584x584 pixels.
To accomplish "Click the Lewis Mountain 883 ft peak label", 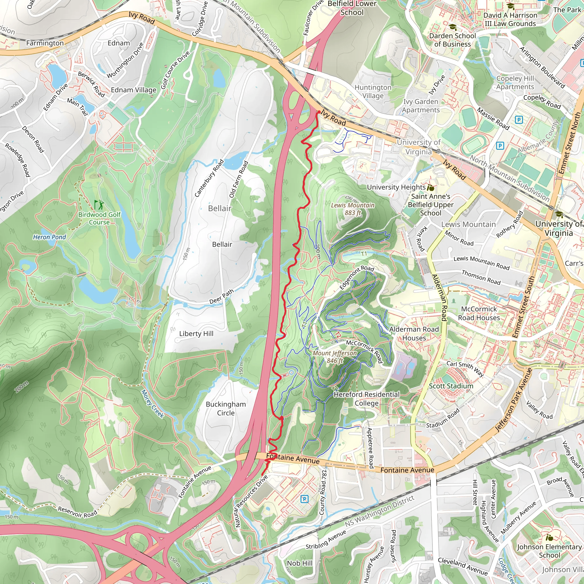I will [352, 209].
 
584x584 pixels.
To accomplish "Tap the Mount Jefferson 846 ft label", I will [334, 357].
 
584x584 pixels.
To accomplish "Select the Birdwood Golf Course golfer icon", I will [99, 205].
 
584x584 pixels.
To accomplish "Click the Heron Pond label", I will [49, 237].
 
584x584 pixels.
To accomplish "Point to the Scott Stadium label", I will [451, 386].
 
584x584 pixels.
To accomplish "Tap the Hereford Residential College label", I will [366, 399].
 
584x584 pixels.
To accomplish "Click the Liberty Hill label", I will [196, 333].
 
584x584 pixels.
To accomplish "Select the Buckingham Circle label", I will [226, 408].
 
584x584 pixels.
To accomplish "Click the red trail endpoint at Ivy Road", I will [319, 112].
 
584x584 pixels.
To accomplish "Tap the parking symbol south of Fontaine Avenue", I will [304, 499].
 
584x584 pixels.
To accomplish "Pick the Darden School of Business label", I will [452, 40].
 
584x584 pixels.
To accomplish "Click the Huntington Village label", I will [373, 91].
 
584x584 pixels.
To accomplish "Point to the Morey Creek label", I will [153, 403].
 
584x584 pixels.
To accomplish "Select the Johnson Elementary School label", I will [549, 551].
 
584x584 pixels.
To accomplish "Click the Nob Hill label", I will [300, 563].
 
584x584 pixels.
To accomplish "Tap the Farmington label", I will [45, 43].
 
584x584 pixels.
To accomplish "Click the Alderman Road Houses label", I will [414, 333].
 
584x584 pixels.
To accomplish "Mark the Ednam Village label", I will [134, 90].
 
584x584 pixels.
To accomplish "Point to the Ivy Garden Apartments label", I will [421, 106].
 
